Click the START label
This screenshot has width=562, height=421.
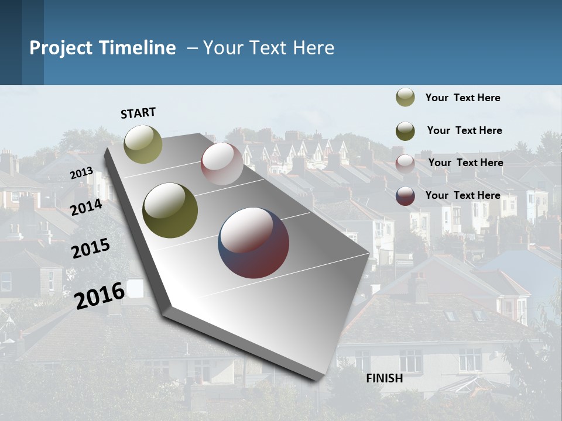138,113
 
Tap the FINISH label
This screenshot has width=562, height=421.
384,378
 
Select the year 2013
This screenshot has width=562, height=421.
82,173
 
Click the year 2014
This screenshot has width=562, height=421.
86,207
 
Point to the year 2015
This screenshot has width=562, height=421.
90,249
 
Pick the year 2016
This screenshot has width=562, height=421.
100,295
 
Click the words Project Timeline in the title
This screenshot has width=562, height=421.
102,48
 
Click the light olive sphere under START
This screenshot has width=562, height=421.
143,144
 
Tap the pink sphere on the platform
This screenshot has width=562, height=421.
222,164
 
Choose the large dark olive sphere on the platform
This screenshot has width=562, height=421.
170,210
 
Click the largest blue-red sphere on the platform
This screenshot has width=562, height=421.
253,243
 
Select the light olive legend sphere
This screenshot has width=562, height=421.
405,98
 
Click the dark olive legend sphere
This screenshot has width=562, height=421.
405,131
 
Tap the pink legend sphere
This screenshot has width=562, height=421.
405,164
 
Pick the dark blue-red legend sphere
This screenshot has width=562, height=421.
405,196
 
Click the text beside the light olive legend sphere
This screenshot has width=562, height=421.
462,98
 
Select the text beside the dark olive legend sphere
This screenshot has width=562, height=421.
464,130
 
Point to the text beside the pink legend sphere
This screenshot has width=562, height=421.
465,163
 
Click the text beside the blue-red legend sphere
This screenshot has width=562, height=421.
462,195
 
